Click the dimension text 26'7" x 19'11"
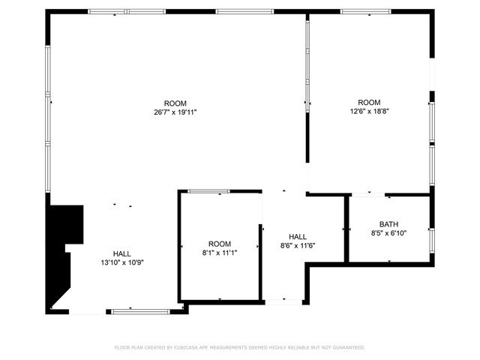tap(175, 112)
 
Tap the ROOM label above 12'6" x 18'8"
tap(368, 103)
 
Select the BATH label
tap(388, 224)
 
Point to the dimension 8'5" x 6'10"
tap(388, 233)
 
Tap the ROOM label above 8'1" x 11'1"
tap(220, 244)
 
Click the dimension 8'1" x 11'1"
tap(220, 253)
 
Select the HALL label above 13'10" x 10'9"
tap(122, 253)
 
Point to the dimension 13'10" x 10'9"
tap(122, 262)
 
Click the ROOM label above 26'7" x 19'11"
tap(175, 103)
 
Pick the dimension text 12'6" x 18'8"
tap(368, 112)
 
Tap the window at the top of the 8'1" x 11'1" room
tap(208, 191)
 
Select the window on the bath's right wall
tap(431, 239)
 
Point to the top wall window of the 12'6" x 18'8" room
tap(365, 11)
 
